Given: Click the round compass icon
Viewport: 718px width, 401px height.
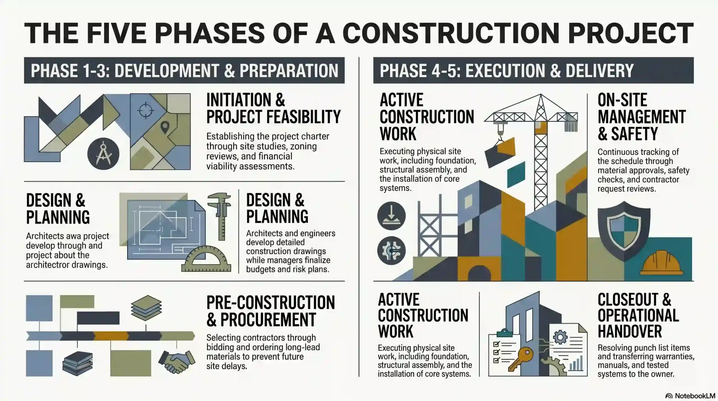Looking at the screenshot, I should pos(103,154).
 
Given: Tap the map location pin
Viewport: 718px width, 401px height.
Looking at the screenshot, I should pos(165,127).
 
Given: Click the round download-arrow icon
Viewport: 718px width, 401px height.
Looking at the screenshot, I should pos(391,216).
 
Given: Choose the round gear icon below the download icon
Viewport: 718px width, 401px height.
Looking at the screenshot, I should pos(391,251).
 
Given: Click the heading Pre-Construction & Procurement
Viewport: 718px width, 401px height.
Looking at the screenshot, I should pos(271,311).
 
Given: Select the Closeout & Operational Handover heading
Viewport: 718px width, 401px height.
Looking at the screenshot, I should pos(638,315).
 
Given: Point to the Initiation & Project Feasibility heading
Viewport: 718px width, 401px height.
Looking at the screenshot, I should pos(273,108).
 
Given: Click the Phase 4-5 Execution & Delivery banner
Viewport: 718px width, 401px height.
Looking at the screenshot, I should pos(533,70).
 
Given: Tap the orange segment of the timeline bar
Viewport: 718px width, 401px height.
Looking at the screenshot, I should pos(111,336).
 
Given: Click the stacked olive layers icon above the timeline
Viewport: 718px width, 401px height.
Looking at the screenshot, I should pos(146,308).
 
